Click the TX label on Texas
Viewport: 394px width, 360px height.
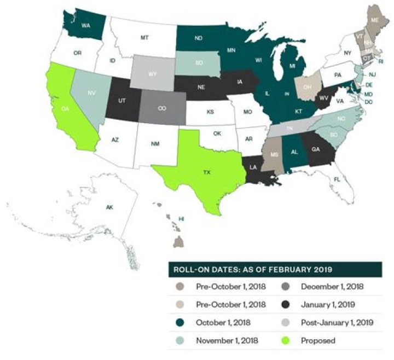coord(207,172)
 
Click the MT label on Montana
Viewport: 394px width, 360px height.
coord(144,38)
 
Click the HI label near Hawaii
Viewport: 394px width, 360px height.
coord(181,218)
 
